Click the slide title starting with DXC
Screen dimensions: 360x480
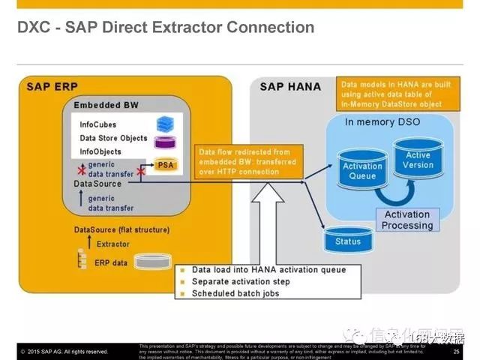(166, 28)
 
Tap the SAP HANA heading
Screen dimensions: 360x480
(289, 86)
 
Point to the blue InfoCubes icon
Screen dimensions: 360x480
(164, 123)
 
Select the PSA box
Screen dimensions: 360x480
(166, 165)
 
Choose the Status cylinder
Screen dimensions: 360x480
(348, 240)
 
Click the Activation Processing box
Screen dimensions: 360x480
(407, 220)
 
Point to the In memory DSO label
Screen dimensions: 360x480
(382, 121)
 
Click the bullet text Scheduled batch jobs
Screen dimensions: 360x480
(235, 293)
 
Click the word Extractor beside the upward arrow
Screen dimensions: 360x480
(112, 244)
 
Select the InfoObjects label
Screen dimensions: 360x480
(100, 151)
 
